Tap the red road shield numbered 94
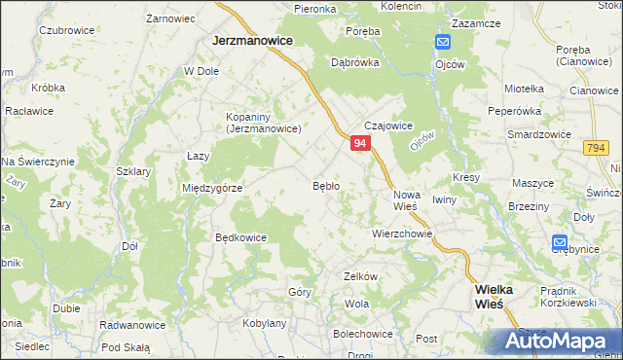360,143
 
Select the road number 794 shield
597,147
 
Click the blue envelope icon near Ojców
442,43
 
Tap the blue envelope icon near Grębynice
560,242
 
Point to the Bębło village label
325,185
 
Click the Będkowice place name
240,236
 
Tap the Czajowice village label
389,126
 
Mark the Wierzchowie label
401,234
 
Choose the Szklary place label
132,171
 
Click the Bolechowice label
363,334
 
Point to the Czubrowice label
66,30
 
